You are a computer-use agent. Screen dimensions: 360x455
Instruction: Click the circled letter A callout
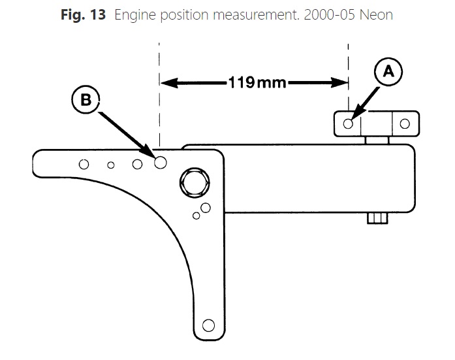(388, 73)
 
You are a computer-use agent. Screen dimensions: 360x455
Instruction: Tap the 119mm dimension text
(254, 83)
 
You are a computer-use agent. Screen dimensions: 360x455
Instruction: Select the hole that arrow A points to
(348, 123)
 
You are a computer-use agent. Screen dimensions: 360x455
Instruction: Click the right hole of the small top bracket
(405, 123)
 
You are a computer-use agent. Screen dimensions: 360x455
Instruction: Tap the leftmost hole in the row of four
(84, 164)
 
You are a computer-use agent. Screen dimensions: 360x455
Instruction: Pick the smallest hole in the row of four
(111, 165)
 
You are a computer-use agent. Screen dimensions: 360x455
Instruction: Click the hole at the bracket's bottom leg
(208, 325)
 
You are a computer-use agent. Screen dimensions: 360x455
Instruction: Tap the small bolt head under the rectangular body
(377, 218)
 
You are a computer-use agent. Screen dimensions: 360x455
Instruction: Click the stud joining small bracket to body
(377, 139)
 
